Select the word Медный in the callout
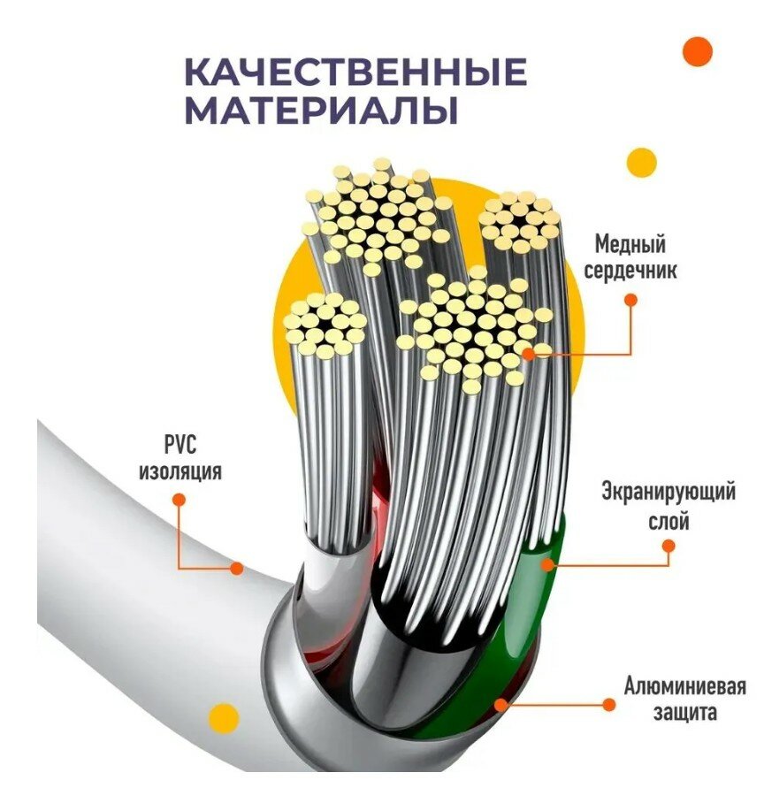(630, 243)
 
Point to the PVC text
(180, 444)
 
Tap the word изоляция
(180, 471)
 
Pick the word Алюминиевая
(684, 686)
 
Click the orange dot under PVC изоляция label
(179, 500)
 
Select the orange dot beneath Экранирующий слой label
(668, 547)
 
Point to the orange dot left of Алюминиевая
(608, 704)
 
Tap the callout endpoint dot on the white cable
(236, 568)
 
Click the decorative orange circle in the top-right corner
(699, 51)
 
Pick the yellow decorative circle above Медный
(641, 163)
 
